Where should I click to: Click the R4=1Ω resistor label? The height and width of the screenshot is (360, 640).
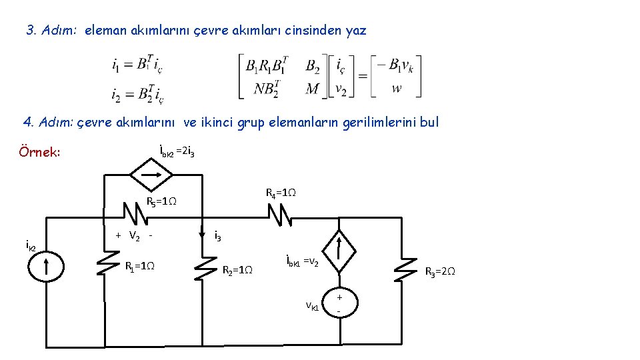(281, 193)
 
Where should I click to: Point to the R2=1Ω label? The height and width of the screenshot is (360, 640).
(237, 270)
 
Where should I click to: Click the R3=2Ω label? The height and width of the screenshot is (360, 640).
(440, 271)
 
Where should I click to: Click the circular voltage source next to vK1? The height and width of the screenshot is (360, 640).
(339, 304)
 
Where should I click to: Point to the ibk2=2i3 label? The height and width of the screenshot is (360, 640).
(177, 153)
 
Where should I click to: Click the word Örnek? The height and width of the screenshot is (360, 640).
(40, 153)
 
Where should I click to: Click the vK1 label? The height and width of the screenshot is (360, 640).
(312, 306)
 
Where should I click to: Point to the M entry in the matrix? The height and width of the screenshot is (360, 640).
(312, 88)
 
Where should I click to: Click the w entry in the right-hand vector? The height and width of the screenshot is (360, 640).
(397, 88)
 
